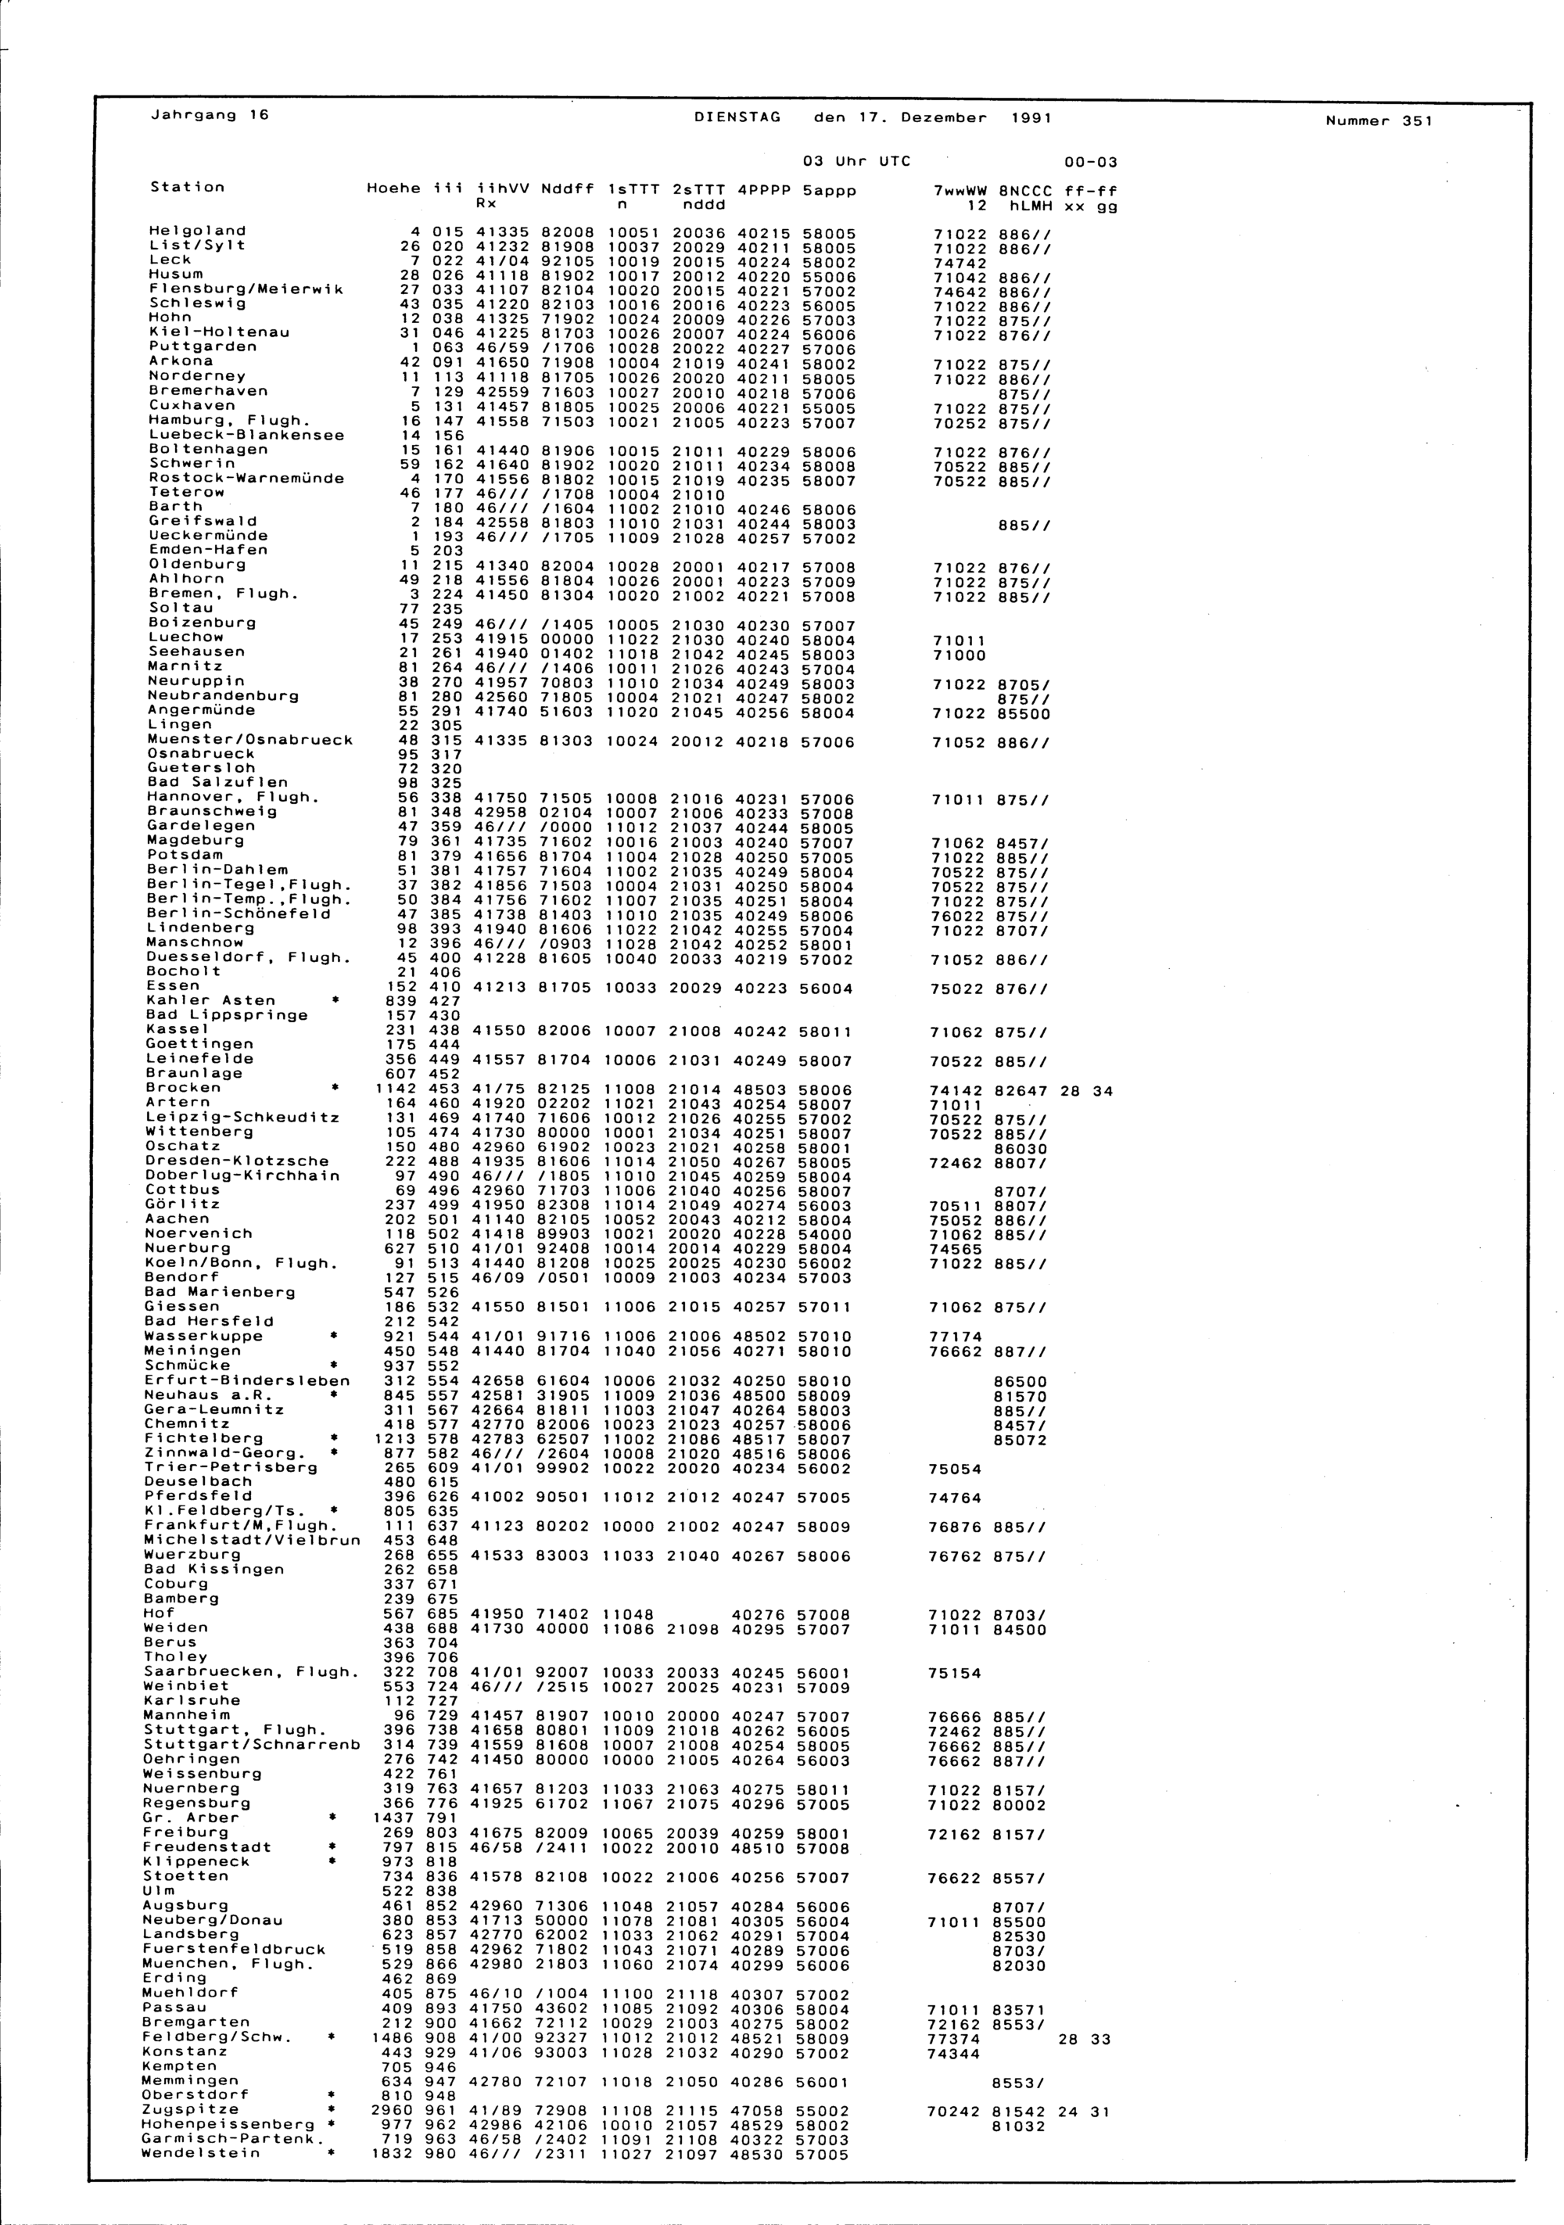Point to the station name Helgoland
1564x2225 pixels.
[x=197, y=231]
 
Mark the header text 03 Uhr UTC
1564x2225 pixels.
[x=858, y=162]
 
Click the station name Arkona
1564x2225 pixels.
[x=180, y=361]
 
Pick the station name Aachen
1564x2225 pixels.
[x=178, y=1218]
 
